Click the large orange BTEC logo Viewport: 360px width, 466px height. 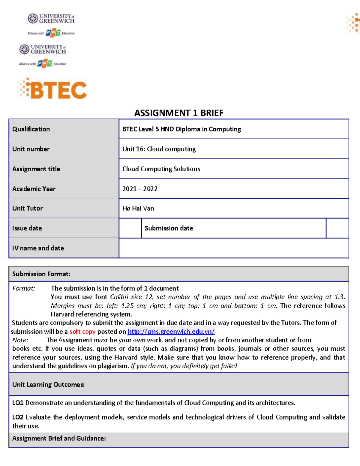point(52,89)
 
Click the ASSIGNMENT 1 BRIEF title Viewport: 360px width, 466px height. point(179,113)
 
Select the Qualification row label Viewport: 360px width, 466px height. point(31,129)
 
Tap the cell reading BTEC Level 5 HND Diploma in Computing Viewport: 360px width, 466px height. point(181,129)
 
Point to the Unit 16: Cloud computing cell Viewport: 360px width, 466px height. point(159,149)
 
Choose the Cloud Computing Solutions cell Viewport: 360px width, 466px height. point(161,169)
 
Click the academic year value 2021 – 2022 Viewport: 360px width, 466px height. point(140,189)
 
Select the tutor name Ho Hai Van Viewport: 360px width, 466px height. point(138,208)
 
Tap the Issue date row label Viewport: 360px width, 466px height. point(27,228)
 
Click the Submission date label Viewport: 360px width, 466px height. point(169,228)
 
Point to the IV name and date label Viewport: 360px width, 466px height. point(38,248)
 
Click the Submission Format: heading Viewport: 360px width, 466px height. point(41,274)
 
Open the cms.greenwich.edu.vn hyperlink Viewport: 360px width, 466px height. point(171,332)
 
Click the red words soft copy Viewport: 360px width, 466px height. point(82,332)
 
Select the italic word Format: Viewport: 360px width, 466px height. point(23,288)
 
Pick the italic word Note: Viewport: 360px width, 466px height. point(20,340)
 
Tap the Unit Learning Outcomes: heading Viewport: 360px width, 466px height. point(48,384)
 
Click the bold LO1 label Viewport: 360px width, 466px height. point(18,403)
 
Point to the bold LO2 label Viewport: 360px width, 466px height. point(18,417)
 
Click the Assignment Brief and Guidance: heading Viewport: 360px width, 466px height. point(59,438)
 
